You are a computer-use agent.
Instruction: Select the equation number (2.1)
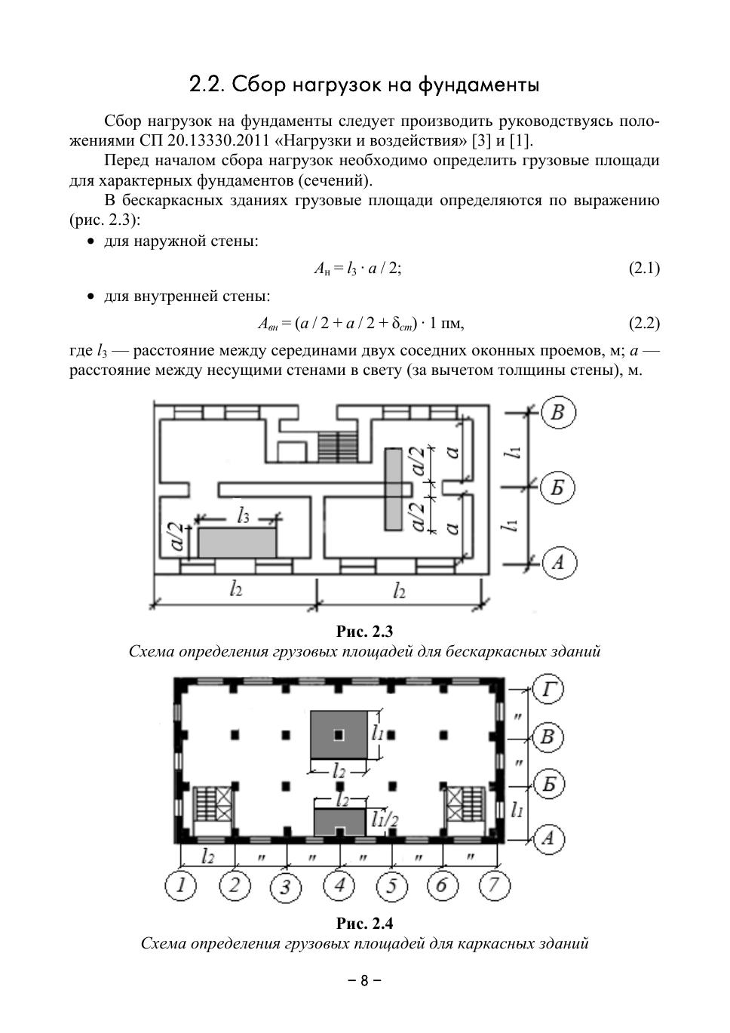(x=644, y=268)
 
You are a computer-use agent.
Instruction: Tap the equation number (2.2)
(x=644, y=323)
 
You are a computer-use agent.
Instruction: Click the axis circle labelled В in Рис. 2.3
(x=558, y=413)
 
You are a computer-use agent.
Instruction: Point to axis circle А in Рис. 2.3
(x=558, y=562)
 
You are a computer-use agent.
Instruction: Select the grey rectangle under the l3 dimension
(x=237, y=542)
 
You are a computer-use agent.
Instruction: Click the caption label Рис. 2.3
(x=364, y=632)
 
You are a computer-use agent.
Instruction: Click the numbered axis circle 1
(x=181, y=885)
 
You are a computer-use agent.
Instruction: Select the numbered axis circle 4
(x=339, y=884)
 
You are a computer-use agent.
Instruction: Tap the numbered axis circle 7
(x=494, y=884)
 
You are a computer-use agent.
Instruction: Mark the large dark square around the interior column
(x=339, y=734)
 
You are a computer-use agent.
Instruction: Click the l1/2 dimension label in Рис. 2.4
(x=385, y=819)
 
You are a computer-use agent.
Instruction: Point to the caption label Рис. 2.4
(x=364, y=923)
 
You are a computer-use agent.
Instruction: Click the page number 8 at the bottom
(x=364, y=981)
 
